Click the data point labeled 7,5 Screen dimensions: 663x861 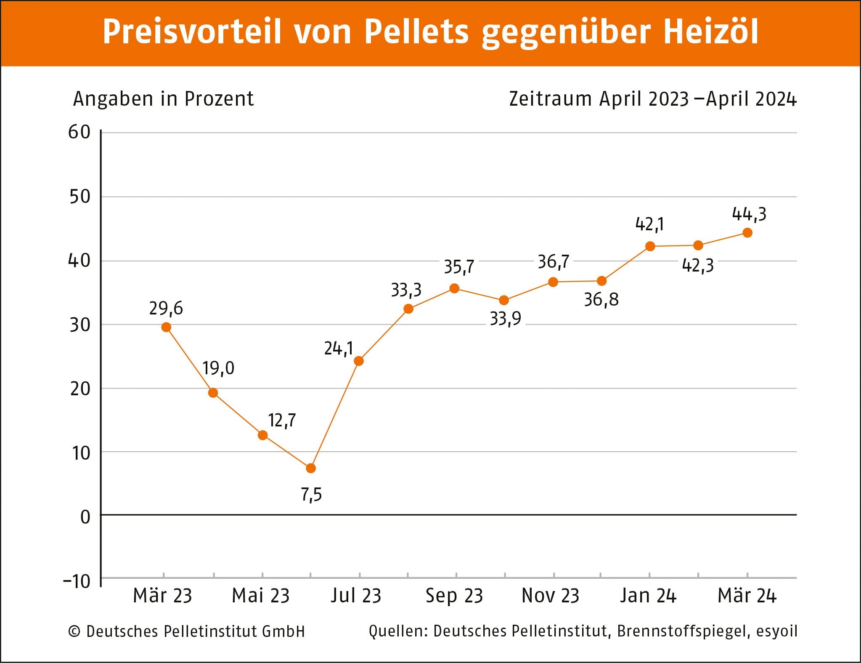(311, 468)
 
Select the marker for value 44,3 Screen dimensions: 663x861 (747, 233)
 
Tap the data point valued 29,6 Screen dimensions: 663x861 (166, 327)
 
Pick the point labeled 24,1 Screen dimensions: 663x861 (359, 361)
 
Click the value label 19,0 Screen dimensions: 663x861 (218, 368)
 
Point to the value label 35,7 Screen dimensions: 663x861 (459, 267)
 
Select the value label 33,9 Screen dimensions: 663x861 (505, 319)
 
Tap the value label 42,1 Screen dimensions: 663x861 (649, 224)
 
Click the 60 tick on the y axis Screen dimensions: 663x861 (79, 132)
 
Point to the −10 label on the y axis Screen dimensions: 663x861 (77, 581)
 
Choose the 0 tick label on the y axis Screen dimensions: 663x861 (85, 517)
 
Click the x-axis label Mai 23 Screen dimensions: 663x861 (261, 596)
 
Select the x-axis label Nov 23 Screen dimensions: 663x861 (550, 596)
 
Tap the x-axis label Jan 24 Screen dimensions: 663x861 (648, 596)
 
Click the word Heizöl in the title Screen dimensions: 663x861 (711, 32)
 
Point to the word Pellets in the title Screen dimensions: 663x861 (416, 32)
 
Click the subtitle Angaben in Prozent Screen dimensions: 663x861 (163, 99)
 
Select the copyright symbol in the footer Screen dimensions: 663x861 (74, 631)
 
